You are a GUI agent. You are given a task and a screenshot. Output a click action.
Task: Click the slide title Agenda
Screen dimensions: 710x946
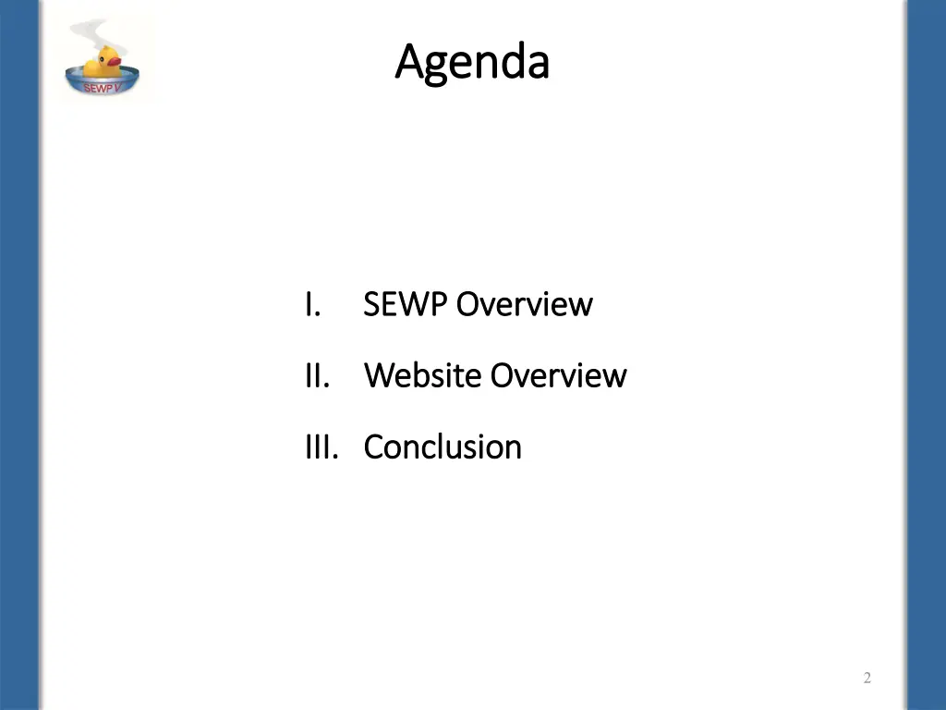[472, 63]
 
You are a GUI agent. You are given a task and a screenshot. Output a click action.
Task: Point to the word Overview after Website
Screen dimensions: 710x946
[558, 376]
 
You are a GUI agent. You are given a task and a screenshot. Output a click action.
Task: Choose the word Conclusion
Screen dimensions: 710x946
[443, 447]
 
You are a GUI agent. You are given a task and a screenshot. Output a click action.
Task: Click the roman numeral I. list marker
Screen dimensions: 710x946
[312, 304]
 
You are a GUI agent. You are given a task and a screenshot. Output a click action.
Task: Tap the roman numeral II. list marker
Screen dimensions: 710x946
[317, 376]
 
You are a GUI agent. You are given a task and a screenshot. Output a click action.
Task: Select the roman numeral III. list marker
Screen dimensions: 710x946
[322, 447]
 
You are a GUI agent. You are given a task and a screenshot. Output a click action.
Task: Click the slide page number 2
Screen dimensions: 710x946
[867, 679]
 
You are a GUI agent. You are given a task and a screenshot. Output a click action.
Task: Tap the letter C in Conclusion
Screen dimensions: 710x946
[372, 447]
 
